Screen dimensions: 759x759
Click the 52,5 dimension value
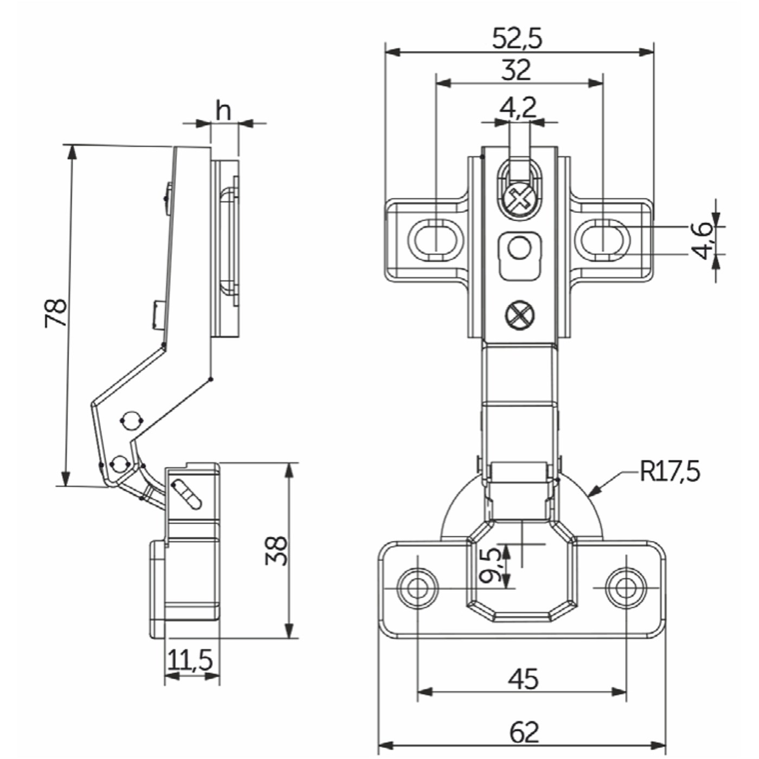pos(517,38)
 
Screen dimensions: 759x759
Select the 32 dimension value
pos(516,70)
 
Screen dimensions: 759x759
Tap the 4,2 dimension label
pos(518,107)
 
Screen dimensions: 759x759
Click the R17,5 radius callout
pos(670,471)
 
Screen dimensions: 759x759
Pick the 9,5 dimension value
pos(491,565)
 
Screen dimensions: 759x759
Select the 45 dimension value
pos(523,679)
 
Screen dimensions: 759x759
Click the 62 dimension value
pos(524,732)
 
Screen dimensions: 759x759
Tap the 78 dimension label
pos(56,313)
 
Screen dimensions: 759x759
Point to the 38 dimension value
pos(277,551)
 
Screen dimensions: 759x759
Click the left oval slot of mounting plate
pos(435,239)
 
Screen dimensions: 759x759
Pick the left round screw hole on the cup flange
pos(417,587)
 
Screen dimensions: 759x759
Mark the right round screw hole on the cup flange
pos(626,587)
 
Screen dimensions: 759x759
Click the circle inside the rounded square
pos(519,249)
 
